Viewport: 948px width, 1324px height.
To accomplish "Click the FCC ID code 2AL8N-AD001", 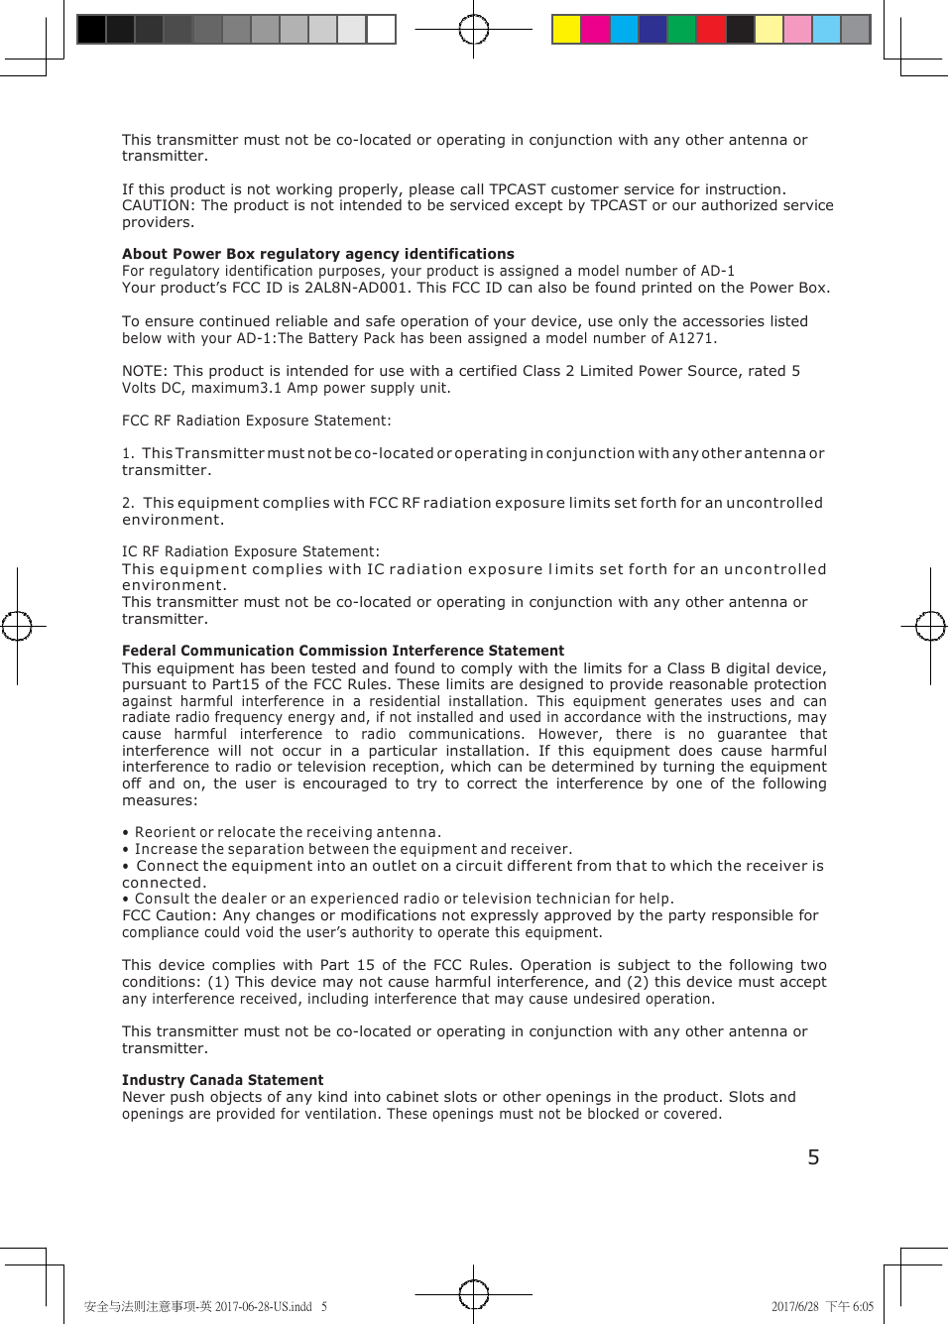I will coord(355,289).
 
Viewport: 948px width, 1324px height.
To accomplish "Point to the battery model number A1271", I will coord(690,339).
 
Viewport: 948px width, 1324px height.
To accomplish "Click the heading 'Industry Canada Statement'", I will coord(222,1080).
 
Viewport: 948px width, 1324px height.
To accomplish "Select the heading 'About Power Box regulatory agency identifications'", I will coord(317,254).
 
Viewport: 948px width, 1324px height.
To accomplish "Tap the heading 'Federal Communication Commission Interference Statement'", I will coord(342,651).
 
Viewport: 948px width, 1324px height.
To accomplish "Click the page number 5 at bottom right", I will coord(813,1157).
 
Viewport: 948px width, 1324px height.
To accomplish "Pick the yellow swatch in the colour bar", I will coord(566,30).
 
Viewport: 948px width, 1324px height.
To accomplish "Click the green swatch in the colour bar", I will coord(681,30).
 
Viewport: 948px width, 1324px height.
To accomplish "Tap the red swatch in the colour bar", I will coord(710,30).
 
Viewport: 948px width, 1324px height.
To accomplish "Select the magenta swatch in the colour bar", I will coord(595,30).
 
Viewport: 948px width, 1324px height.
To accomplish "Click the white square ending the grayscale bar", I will coord(381,30).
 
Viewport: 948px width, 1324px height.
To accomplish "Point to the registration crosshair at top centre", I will coord(474,30).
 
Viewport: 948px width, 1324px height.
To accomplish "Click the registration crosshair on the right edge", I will coord(930,626).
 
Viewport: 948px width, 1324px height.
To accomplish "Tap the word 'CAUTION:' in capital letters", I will coord(159,205).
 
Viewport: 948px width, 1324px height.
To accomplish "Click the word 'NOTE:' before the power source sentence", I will coord(145,371).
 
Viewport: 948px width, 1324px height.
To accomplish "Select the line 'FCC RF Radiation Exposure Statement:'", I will coord(256,421).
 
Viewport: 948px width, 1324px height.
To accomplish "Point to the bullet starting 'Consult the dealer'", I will coord(403,899).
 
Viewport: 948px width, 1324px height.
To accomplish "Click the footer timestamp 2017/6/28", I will coord(795,1307).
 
